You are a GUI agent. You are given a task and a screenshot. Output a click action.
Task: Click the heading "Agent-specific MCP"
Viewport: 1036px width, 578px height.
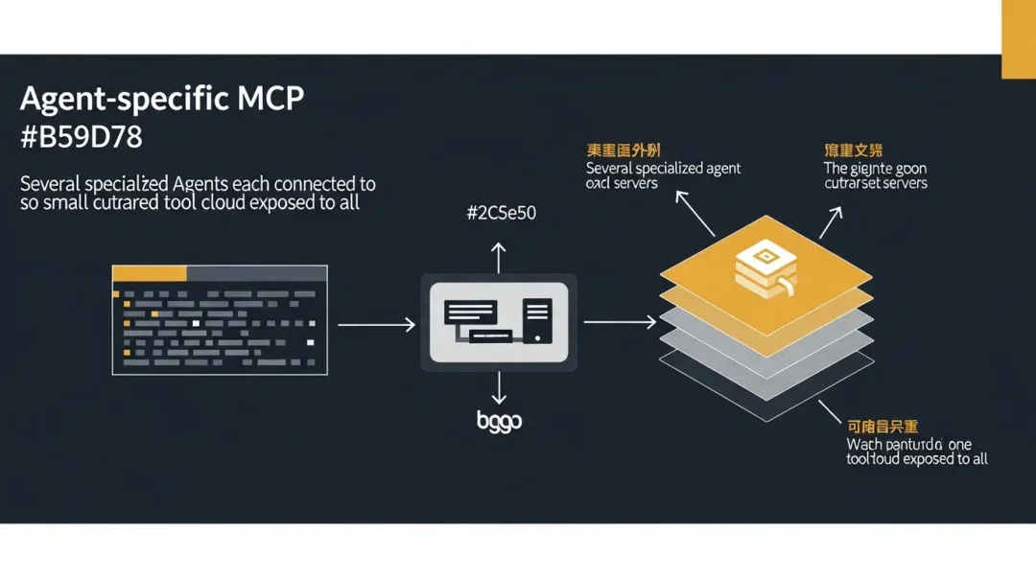(x=161, y=100)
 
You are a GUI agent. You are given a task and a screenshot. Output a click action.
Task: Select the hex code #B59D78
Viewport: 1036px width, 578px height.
(x=81, y=137)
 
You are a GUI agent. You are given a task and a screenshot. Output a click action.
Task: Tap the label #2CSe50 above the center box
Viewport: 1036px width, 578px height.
(x=500, y=214)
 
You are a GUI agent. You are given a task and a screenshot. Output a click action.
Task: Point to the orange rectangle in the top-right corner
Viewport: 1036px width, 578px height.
(x=1018, y=38)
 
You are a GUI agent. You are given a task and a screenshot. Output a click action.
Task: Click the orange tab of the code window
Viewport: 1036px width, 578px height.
(x=149, y=273)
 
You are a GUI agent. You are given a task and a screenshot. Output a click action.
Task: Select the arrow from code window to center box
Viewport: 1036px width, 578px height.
(x=376, y=325)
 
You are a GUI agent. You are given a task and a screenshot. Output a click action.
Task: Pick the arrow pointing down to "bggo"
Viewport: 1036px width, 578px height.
(x=498, y=388)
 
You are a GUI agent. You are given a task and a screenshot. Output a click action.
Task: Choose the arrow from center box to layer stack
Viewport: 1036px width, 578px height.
(x=620, y=322)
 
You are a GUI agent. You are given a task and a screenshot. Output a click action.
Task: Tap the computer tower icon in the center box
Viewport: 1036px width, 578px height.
(x=537, y=323)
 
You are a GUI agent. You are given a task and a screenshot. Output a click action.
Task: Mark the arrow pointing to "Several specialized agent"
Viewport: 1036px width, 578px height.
(x=695, y=212)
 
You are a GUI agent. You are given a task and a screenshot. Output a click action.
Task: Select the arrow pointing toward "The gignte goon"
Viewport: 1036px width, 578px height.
(x=830, y=221)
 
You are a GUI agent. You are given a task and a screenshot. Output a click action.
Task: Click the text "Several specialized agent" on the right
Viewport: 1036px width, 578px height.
(x=663, y=169)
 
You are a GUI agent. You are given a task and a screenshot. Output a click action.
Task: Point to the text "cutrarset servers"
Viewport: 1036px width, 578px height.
(x=876, y=183)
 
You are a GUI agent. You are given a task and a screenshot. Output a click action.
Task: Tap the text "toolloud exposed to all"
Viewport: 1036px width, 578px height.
(x=916, y=459)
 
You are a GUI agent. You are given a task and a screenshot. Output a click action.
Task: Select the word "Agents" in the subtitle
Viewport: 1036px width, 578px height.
(x=208, y=183)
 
